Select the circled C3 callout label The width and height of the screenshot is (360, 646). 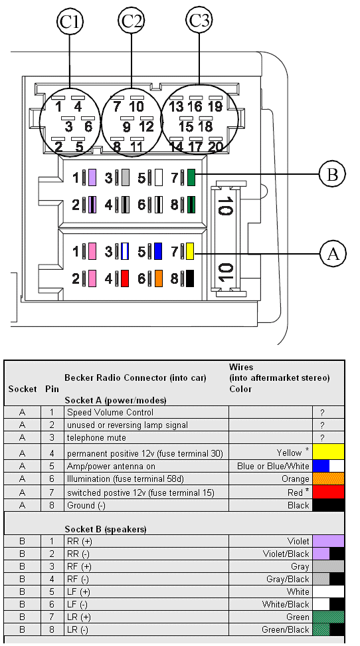coord(199,20)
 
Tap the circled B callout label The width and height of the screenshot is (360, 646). coord(332,175)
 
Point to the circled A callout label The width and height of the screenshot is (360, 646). coord(332,254)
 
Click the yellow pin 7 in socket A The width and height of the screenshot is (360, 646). coord(191,251)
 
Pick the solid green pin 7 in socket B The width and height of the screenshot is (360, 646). coord(191,177)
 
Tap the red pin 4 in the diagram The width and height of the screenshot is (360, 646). coord(125,278)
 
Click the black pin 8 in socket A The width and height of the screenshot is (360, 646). coord(190,278)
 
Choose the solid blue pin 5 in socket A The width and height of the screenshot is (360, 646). coord(158,251)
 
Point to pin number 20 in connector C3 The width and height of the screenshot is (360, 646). coord(216,147)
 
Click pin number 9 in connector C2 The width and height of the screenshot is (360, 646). coord(126,127)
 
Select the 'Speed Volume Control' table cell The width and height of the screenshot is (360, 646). coord(110,413)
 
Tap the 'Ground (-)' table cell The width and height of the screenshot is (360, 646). coord(86,505)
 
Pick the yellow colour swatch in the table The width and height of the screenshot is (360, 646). coord(328,451)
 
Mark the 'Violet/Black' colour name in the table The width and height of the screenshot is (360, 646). coord(286,554)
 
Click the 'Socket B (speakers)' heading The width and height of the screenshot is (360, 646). coord(106,529)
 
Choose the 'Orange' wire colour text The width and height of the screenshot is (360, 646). coord(296,479)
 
